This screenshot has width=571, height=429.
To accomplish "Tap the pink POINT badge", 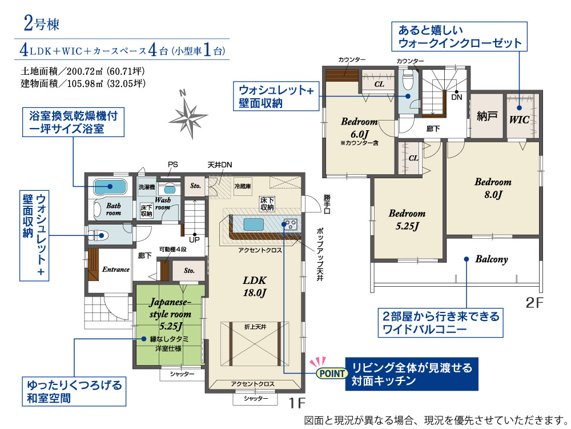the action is [331, 373].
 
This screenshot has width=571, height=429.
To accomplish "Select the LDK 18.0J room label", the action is [255, 286].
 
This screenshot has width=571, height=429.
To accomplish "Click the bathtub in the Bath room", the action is [110, 187].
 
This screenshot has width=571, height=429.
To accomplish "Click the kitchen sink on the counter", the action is [254, 224].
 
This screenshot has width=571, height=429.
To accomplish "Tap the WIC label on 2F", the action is [519, 119].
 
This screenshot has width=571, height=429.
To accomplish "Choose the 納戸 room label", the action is [487, 116].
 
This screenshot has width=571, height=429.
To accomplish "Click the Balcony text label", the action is [492, 259].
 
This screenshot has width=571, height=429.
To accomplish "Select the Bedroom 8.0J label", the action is [493, 188].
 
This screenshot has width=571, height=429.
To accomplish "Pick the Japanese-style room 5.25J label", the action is [170, 314].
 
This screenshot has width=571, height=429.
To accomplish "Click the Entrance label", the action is [116, 270].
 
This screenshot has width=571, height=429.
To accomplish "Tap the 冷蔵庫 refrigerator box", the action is [243, 186].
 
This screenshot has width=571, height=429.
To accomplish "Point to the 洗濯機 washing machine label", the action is [147, 187].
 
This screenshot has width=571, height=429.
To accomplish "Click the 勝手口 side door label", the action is [327, 205].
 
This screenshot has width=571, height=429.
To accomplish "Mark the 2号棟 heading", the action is [42, 23].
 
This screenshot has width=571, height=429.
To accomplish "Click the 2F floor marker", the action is [534, 302].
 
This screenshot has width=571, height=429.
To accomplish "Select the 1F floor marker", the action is [297, 403].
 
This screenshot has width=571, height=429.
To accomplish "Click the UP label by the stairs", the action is [194, 239].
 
